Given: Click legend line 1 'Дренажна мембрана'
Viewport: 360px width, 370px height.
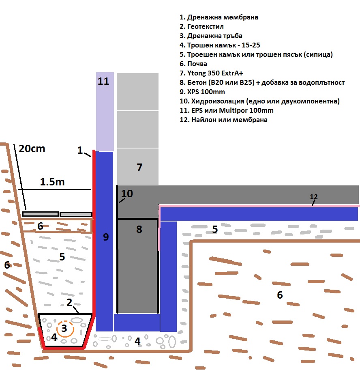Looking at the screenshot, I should click(219, 17).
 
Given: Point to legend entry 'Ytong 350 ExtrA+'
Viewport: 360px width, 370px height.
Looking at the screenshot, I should click(215, 73).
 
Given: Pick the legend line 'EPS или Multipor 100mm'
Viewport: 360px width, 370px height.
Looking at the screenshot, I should click(227, 110).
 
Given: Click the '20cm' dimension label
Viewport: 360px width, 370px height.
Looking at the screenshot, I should click(32, 148).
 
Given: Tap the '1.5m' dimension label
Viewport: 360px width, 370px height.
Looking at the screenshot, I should click(52, 182).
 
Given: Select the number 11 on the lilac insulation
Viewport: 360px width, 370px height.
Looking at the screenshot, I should click(104, 81).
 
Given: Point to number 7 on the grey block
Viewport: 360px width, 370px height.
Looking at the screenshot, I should click(139, 167).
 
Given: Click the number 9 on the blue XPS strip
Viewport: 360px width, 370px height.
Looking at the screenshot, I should click(106, 237).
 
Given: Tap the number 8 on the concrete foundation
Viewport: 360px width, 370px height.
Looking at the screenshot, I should click(139, 229).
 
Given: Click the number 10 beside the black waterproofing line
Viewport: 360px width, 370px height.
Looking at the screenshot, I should click(127, 194).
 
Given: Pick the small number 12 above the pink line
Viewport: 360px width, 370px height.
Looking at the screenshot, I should click(313, 197).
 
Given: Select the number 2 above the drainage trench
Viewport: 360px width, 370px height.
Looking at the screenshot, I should click(70, 302).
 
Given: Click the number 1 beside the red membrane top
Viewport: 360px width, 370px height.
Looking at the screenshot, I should click(80, 150).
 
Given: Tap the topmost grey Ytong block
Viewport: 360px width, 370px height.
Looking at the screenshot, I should click(137, 91).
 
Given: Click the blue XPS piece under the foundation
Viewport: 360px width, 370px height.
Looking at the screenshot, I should click(137, 323).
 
